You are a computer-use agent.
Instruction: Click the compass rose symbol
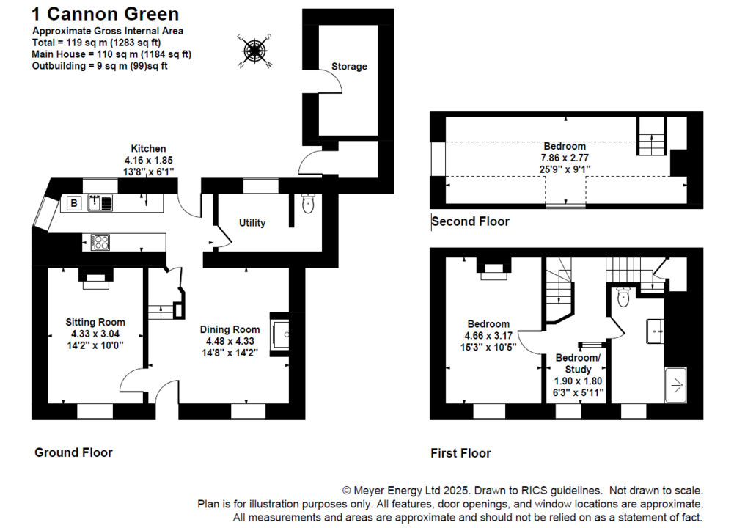click(x=254, y=51)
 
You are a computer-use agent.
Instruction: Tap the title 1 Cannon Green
click(x=105, y=14)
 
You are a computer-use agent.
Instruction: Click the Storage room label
click(x=349, y=67)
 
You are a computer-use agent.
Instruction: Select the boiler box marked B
click(x=73, y=203)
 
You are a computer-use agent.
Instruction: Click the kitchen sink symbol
click(x=100, y=203)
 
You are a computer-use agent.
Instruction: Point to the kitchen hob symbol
click(x=100, y=242)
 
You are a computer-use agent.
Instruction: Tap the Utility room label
click(x=252, y=223)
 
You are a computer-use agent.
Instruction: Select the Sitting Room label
click(x=95, y=322)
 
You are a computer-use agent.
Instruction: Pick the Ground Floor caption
click(x=73, y=452)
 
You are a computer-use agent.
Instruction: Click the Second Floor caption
click(x=471, y=221)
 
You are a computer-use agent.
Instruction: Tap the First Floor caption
click(x=460, y=453)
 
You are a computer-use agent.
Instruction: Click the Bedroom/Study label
click(x=578, y=364)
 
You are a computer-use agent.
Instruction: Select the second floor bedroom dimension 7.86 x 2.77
click(x=565, y=157)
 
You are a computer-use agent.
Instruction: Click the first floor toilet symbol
click(x=624, y=296)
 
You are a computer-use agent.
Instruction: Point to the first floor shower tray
click(x=676, y=384)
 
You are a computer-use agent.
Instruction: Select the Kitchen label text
click(x=149, y=149)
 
